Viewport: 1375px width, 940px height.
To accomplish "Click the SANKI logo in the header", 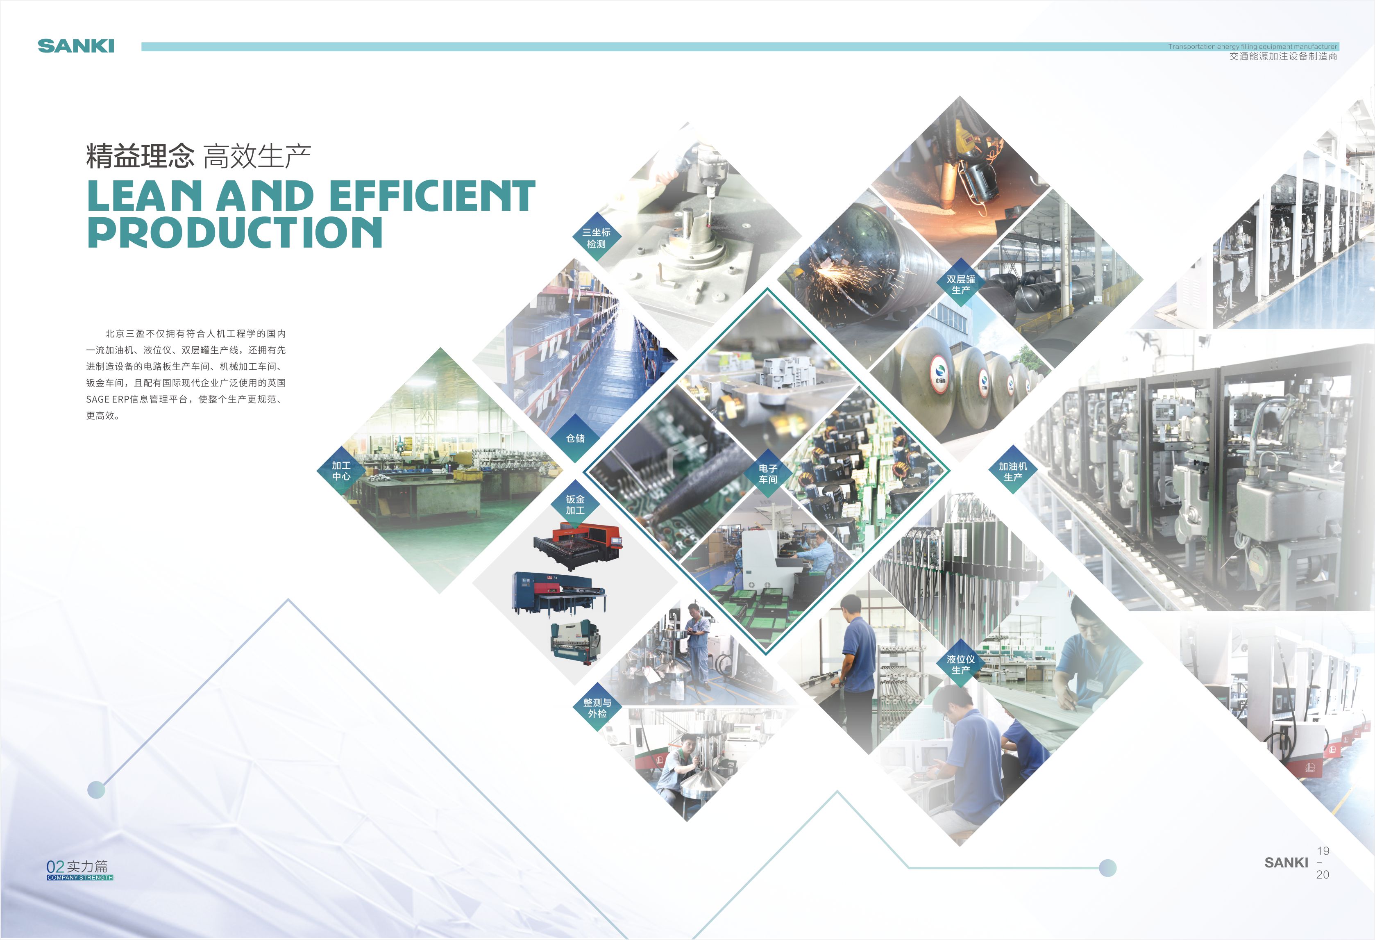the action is tap(76, 46).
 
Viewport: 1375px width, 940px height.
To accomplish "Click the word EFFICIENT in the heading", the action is tap(432, 196).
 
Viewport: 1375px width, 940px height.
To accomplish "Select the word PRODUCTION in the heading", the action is tap(235, 232).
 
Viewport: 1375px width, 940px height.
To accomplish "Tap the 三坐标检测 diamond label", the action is tap(597, 238).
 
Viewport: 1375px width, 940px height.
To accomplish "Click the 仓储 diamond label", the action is tap(575, 438).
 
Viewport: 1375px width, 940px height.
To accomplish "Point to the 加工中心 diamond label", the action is tap(341, 471).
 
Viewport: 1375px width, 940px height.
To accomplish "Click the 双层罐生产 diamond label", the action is tap(961, 284).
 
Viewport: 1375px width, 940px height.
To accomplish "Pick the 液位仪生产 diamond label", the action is tap(961, 664).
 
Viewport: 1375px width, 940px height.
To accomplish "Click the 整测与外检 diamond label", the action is tap(597, 708).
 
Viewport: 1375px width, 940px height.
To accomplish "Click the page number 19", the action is tap(1323, 851).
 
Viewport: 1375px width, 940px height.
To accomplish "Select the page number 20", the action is tap(1323, 874).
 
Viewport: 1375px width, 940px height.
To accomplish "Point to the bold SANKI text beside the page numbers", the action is tap(1286, 863).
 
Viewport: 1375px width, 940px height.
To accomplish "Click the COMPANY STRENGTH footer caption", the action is tap(80, 877).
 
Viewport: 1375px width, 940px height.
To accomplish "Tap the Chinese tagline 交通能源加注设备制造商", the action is tap(1283, 56).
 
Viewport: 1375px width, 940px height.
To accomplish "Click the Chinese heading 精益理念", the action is tap(140, 156).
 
